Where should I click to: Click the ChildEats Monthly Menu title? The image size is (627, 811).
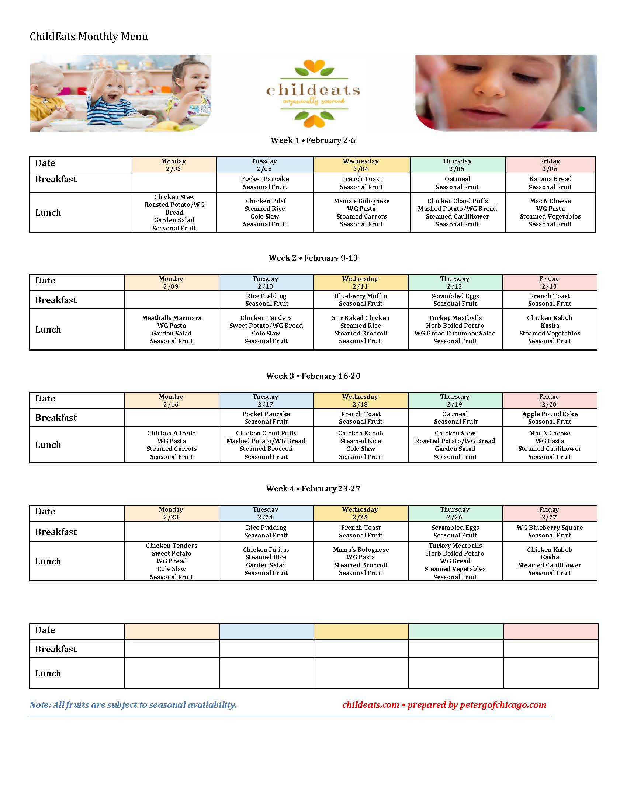pos(89,36)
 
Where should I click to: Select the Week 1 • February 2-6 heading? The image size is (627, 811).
pos(313,140)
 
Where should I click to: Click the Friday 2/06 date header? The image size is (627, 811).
pos(550,165)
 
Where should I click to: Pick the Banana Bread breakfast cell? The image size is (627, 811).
pos(550,183)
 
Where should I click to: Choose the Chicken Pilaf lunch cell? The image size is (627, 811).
pos(265,212)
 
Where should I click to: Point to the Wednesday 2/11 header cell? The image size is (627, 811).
pos(360,283)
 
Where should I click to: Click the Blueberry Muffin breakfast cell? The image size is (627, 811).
pos(360,300)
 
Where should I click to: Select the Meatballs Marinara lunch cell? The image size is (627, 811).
pos(172,329)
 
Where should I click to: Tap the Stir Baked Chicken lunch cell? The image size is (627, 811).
pos(360,329)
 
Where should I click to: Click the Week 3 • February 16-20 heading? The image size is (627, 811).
pos(313,376)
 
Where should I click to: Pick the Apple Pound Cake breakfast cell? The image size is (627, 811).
pos(550,418)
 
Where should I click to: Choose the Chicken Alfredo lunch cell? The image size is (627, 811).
pos(172,445)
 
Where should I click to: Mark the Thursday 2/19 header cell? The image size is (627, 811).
pos(455,400)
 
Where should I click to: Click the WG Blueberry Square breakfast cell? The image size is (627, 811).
pos(550,531)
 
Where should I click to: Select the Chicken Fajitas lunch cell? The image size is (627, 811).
pos(266,561)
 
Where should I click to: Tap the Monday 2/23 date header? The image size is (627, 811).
pos(171,513)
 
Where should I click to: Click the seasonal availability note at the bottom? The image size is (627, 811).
pos(133,705)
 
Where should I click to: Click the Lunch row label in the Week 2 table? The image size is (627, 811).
pos(48,329)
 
